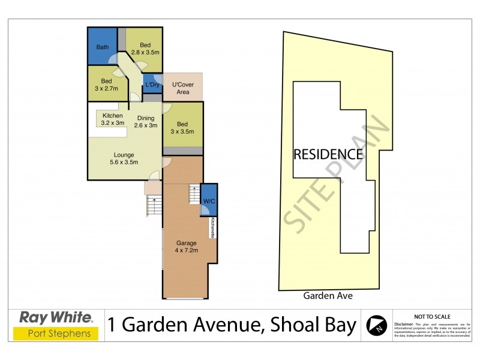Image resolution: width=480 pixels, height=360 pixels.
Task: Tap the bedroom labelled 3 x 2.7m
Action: [x=107, y=85]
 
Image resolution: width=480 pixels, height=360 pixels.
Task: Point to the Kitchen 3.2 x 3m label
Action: [x=113, y=119]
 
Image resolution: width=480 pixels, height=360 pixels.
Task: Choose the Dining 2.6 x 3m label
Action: [x=146, y=122]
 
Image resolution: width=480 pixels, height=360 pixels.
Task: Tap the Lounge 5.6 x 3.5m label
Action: [x=124, y=158]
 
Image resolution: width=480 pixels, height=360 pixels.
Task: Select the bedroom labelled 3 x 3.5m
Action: [x=183, y=128]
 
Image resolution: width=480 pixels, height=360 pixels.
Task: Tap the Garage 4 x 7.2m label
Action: [x=187, y=247]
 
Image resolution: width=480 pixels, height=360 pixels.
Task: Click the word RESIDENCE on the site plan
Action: [x=328, y=154]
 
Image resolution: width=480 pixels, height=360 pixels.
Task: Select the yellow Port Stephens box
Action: [x=56, y=333]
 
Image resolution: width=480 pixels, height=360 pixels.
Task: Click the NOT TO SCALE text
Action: [x=431, y=316]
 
